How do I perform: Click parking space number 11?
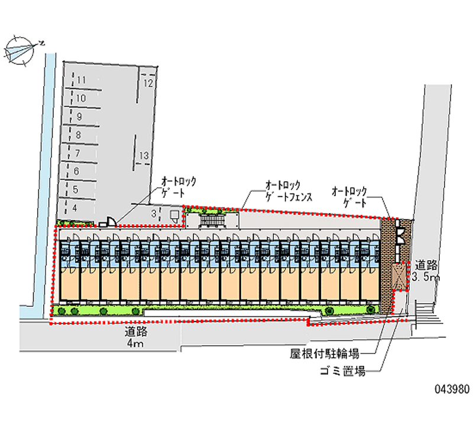(81, 80)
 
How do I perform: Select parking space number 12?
(149, 83)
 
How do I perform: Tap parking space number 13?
(143, 156)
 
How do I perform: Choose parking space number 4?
(74, 208)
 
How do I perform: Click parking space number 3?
(153, 212)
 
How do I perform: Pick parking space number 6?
(77, 171)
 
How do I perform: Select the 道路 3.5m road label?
(426, 271)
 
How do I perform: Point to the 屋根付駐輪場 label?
(324, 354)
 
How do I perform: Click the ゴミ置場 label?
(341, 371)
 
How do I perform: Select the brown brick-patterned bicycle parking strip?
(387, 266)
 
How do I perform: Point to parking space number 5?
(76, 189)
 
